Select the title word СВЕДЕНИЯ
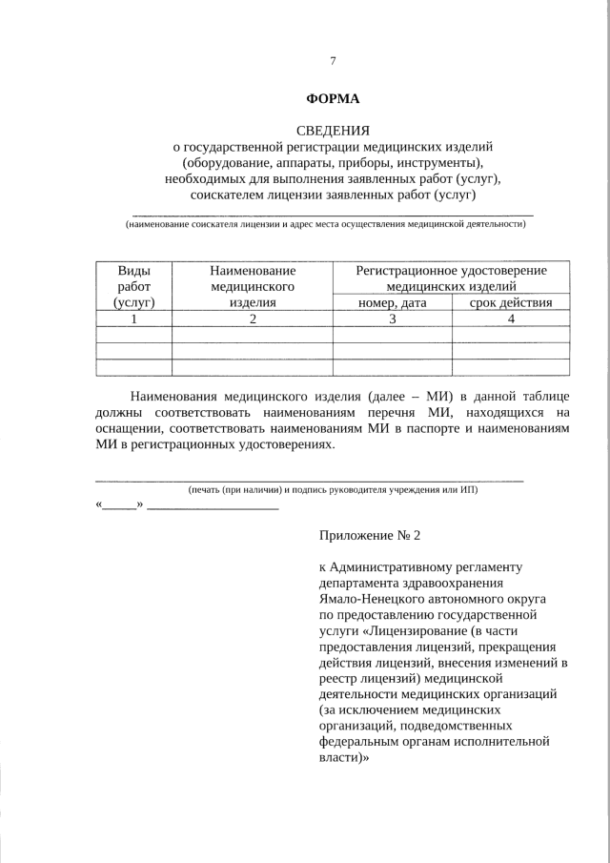point(333,130)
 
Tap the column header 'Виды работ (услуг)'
point(133,286)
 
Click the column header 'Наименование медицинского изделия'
point(252,286)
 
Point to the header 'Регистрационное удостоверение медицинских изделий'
point(451,277)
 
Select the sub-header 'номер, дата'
point(392,302)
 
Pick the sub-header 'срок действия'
point(511,302)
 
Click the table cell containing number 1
point(133,318)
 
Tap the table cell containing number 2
point(252,318)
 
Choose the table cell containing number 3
point(392,318)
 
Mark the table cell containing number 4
point(511,318)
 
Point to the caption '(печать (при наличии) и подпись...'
point(333,489)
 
